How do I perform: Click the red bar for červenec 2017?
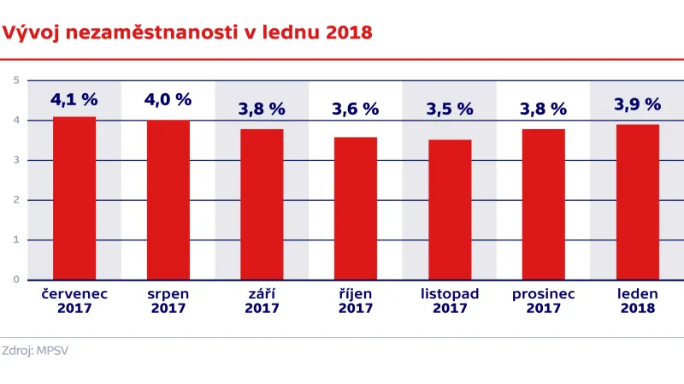74,198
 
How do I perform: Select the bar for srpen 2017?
168,200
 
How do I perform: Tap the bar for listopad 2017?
450,210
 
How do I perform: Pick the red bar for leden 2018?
638,202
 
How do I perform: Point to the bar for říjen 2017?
356,208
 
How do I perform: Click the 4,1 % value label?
74,99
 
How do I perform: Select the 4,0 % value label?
168,99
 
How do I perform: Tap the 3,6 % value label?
356,109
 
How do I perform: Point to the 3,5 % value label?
450,109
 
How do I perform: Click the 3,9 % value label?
638,104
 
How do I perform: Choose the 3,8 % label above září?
262,109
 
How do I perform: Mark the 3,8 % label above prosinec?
544,109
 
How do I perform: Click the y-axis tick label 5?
16,80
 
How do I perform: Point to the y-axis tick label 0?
16,280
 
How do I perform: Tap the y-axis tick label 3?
16,160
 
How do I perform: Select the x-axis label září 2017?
262,301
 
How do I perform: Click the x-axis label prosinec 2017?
544,301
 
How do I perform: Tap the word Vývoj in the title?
31,33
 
